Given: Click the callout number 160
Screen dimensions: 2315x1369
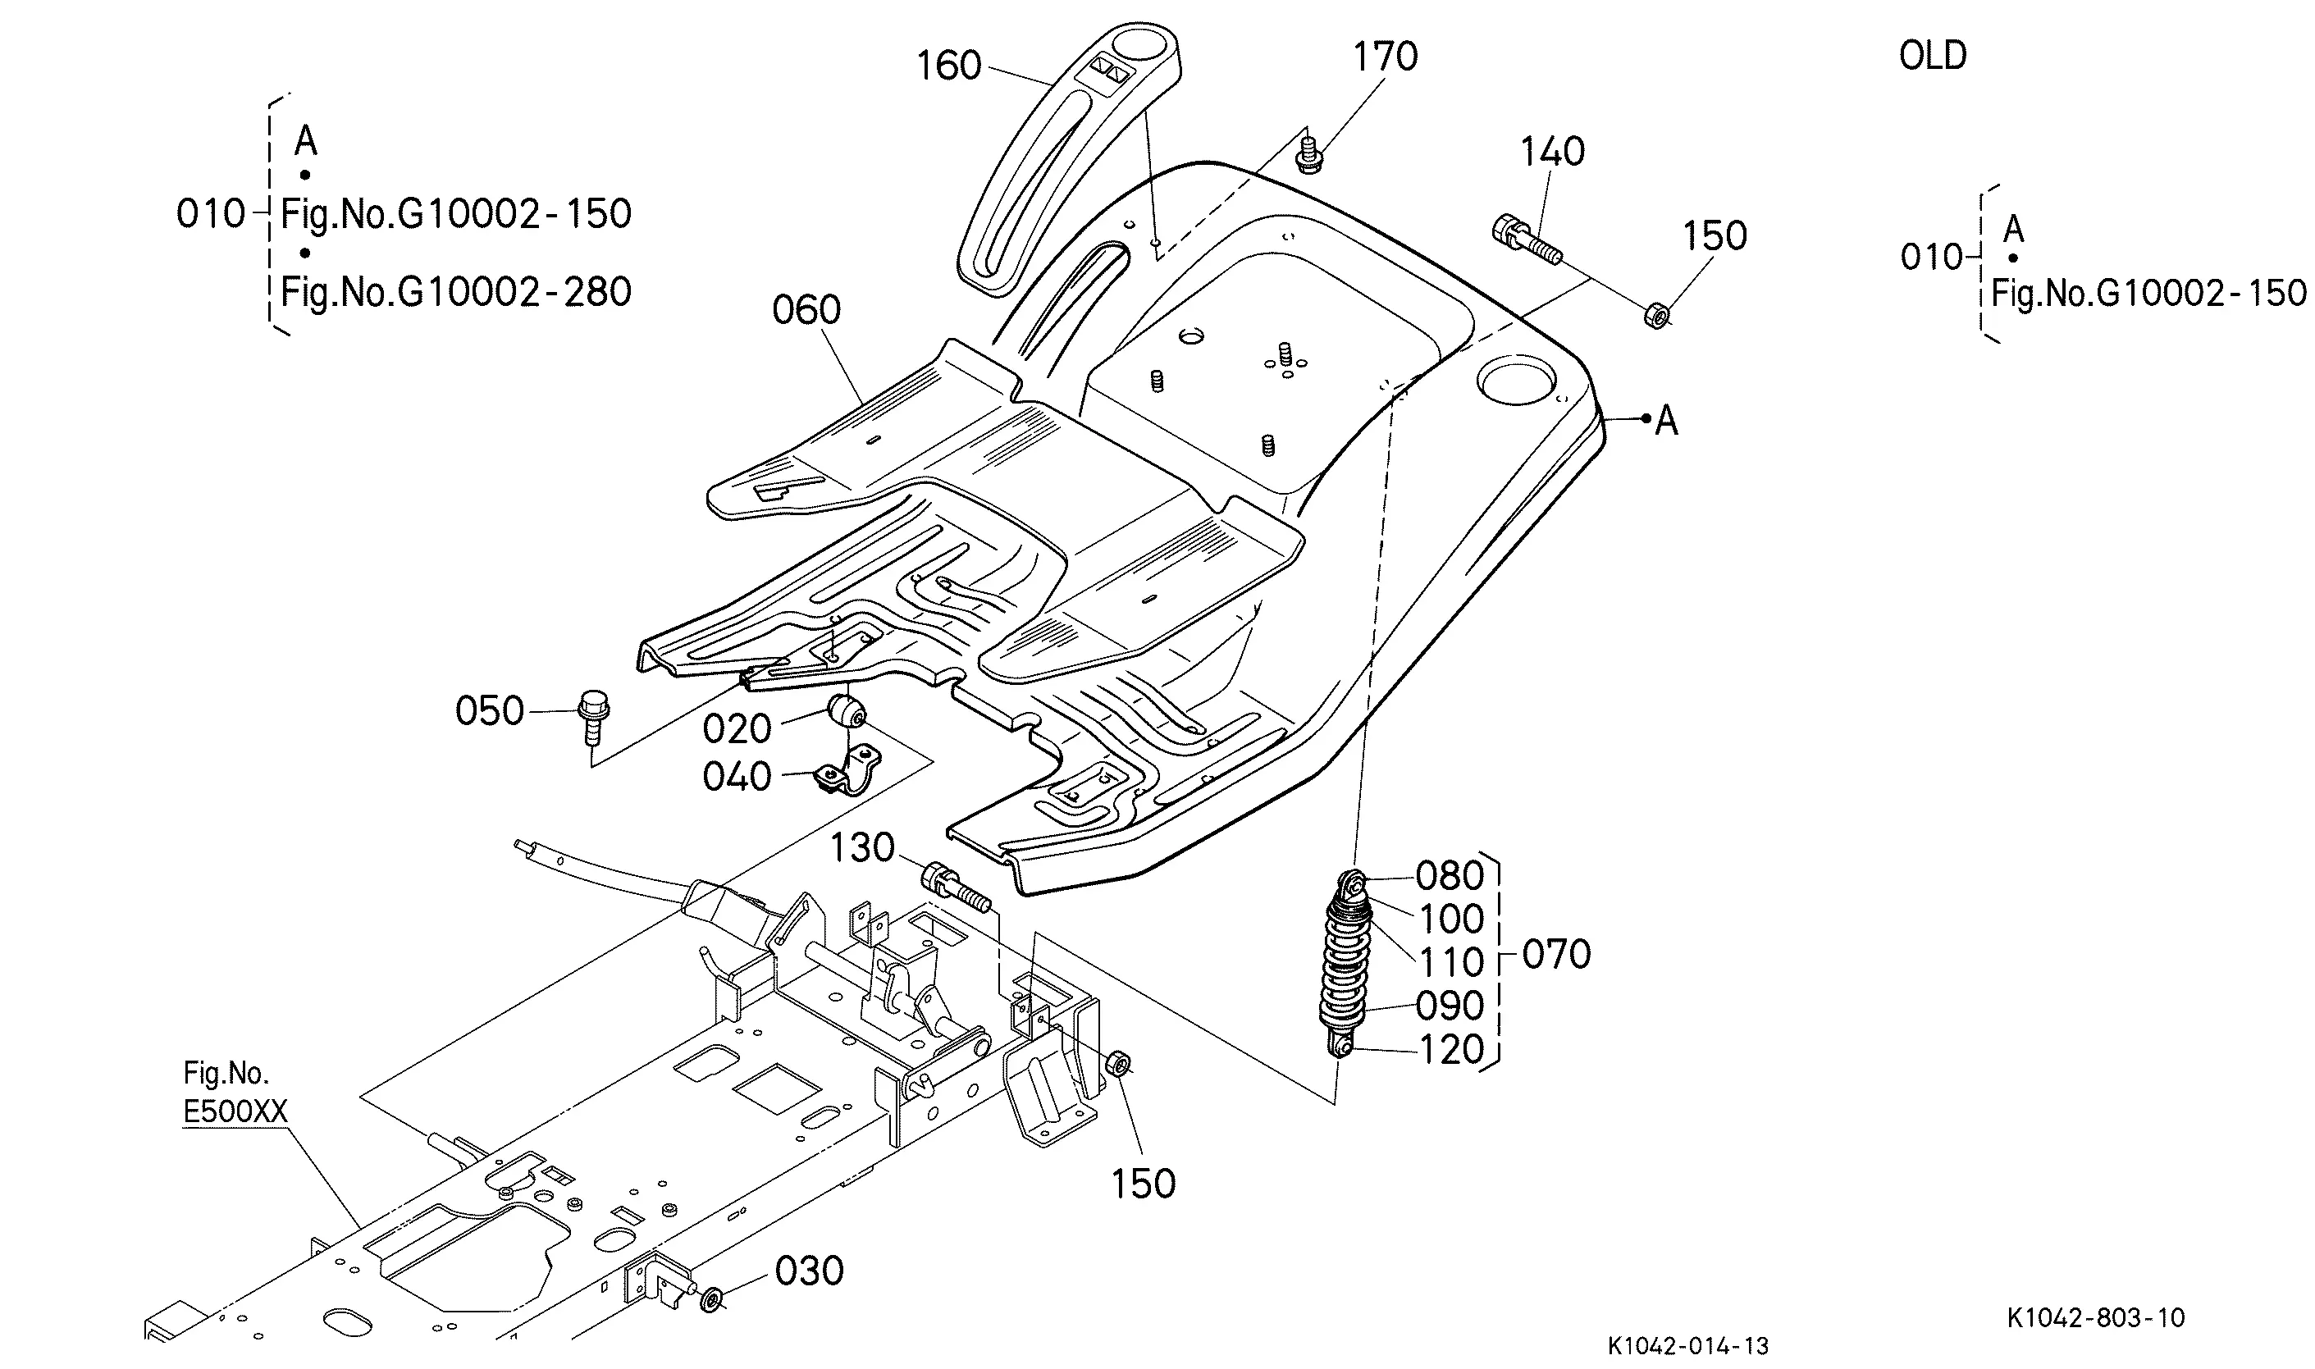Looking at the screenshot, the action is [948, 66].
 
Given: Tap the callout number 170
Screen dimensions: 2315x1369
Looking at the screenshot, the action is [1386, 57].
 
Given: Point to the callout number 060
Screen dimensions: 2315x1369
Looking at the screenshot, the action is [806, 310].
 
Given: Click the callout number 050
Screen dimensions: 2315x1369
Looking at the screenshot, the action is [490, 711].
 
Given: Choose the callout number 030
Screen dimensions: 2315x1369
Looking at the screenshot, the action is [809, 1271].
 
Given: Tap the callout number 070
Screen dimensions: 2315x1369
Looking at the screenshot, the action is [1557, 955].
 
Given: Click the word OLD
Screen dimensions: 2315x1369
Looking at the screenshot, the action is [1934, 57].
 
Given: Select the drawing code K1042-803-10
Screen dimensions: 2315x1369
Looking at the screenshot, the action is [2095, 1317].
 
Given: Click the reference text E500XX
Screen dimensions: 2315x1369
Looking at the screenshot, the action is [236, 1112].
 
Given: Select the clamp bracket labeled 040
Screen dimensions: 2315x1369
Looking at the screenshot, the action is [848, 769].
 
